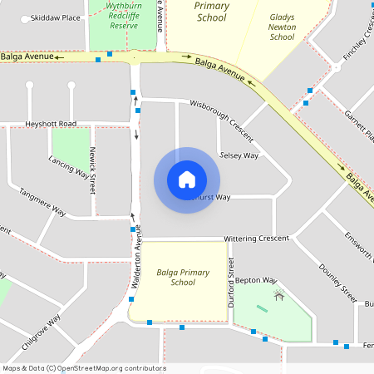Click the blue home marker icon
187,180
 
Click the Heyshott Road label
50,124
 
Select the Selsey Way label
239,155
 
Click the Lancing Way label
68,167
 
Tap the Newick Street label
91,170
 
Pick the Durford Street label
231,283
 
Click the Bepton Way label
255,281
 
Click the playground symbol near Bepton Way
279,293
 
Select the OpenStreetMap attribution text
84,368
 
